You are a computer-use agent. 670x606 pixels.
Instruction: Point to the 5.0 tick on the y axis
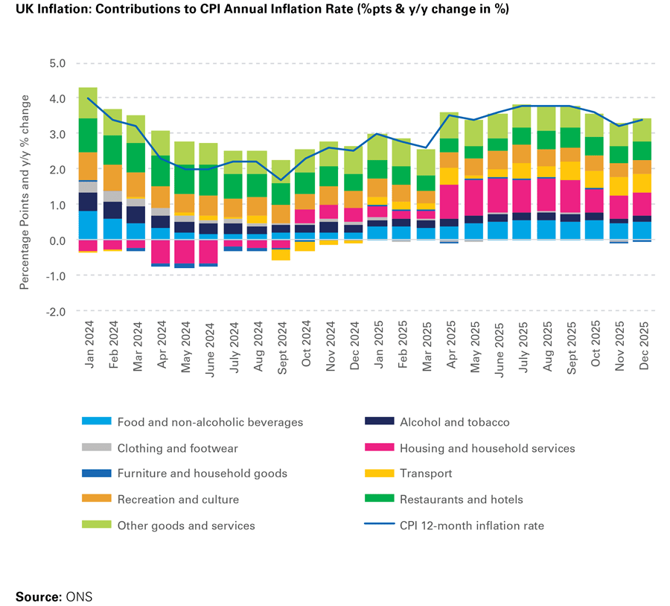click(x=57, y=63)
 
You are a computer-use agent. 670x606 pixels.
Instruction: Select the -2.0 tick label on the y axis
click(x=55, y=311)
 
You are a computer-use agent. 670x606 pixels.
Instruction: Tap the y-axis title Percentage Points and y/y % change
click(x=25, y=192)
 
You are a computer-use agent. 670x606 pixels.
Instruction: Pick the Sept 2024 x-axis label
click(x=281, y=345)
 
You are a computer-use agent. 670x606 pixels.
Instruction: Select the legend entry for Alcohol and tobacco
click(x=454, y=422)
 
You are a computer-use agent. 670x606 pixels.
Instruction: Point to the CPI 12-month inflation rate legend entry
click(x=471, y=526)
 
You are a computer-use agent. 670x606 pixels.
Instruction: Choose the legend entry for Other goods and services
click(x=186, y=526)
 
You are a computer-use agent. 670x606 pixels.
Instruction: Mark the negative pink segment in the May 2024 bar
click(x=185, y=251)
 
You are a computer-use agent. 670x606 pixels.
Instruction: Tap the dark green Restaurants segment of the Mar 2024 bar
click(x=136, y=158)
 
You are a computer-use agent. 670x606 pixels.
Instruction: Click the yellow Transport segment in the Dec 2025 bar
click(x=642, y=183)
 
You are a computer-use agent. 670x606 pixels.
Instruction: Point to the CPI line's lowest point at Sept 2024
click(x=281, y=179)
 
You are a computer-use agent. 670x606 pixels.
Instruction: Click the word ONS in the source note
click(x=79, y=596)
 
